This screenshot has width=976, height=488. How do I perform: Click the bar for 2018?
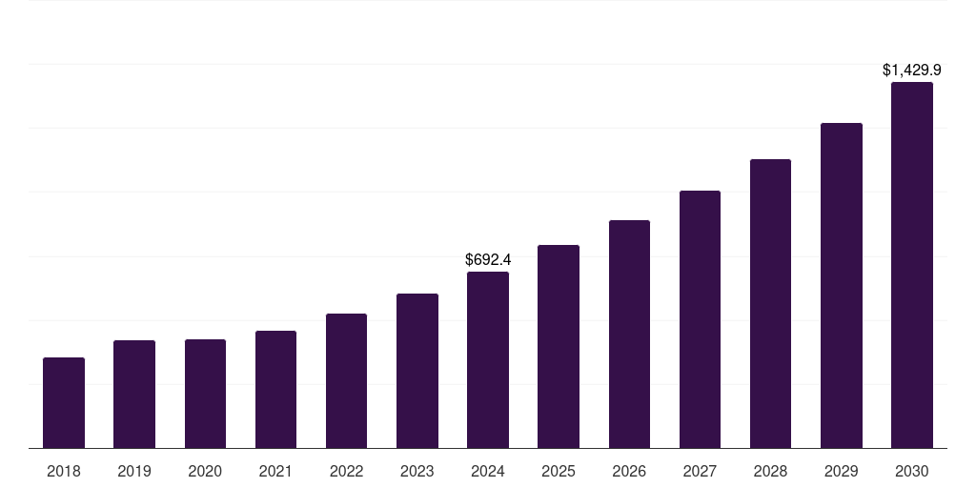pyautogui.click(x=64, y=402)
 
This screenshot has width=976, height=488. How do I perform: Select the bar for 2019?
pyautogui.click(x=134, y=394)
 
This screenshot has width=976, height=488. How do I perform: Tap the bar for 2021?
pyautogui.click(x=275, y=389)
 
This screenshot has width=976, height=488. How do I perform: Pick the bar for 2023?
pyautogui.click(x=417, y=371)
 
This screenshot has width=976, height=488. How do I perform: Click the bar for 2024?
pyautogui.click(x=488, y=359)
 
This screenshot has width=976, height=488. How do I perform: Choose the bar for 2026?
pyautogui.click(x=629, y=334)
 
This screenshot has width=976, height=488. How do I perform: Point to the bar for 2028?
pyautogui.click(x=770, y=303)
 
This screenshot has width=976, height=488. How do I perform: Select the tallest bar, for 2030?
pyautogui.click(x=912, y=265)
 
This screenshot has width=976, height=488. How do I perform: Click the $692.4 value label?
pyautogui.click(x=488, y=259)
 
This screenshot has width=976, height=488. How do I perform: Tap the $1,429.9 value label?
pyautogui.click(x=912, y=70)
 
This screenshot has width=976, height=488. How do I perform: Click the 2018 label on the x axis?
pyautogui.click(x=64, y=471)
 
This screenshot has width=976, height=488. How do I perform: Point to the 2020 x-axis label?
pyautogui.click(x=205, y=471)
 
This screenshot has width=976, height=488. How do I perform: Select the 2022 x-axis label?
pyautogui.click(x=346, y=471)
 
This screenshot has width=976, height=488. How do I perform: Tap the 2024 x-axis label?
pyautogui.click(x=488, y=471)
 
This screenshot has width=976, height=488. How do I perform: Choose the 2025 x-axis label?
pyautogui.click(x=559, y=471)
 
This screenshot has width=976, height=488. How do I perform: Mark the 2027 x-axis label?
pyautogui.click(x=700, y=471)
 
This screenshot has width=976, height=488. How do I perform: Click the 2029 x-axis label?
pyautogui.click(x=842, y=471)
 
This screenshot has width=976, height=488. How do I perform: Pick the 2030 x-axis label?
pyautogui.click(x=912, y=471)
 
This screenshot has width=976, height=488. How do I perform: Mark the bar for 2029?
pyautogui.click(x=842, y=285)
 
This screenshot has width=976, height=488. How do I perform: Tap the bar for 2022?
pyautogui.click(x=346, y=380)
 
